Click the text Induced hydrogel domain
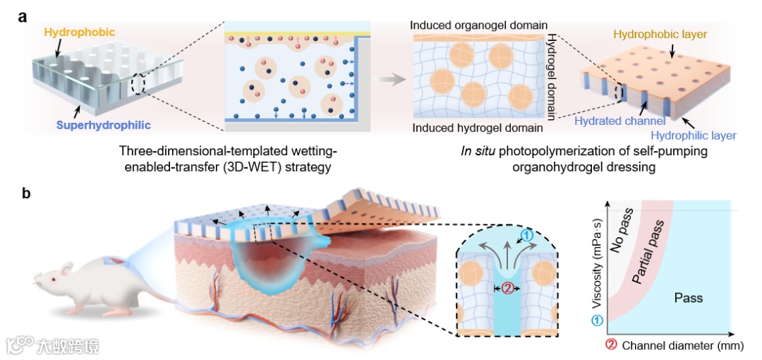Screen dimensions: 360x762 pyautogui.click(x=478, y=128)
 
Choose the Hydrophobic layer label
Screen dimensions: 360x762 pyautogui.click(x=660, y=34)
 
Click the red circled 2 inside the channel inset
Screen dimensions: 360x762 pyautogui.click(x=504, y=287)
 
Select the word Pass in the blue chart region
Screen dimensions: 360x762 pyautogui.click(x=689, y=298)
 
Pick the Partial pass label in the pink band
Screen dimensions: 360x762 pyautogui.click(x=648, y=255)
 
